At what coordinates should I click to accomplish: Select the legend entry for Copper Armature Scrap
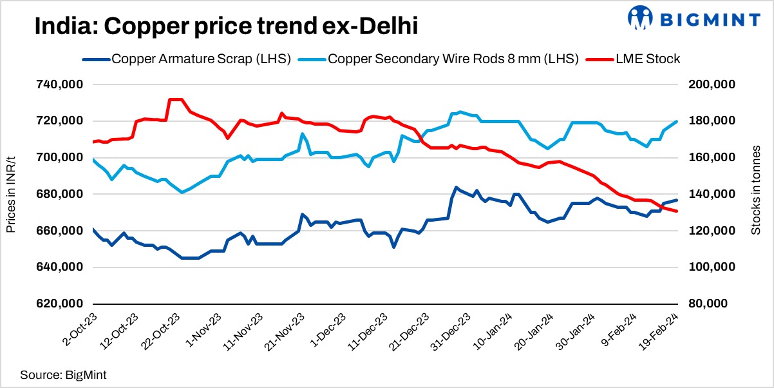(x=187, y=59)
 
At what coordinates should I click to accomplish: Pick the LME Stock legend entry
(x=632, y=59)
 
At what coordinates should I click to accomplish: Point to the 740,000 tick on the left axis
(x=59, y=84)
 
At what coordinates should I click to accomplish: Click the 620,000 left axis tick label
(x=59, y=304)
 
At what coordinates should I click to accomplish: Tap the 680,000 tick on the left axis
(x=59, y=194)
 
